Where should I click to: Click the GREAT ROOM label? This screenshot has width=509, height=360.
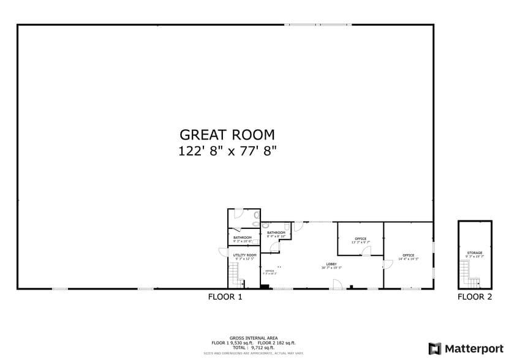point(227,135)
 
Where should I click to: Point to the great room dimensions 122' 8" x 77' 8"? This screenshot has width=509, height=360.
point(227,151)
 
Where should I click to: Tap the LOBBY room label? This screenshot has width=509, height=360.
point(331,264)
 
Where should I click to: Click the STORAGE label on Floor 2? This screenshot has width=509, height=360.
point(475,252)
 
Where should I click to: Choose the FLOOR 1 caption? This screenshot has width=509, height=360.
point(225,297)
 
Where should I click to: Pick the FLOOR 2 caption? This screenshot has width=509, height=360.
point(475,297)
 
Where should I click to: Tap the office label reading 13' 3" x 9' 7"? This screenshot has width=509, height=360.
point(360,241)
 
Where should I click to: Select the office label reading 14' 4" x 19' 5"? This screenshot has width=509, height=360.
point(409,257)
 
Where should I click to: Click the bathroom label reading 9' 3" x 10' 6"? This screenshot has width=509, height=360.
point(243,239)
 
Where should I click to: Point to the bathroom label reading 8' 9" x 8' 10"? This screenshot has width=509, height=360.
point(276,234)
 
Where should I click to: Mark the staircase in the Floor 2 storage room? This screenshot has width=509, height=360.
point(469,275)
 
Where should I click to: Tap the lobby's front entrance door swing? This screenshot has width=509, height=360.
point(337,284)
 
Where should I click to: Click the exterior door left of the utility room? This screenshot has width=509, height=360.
point(223,252)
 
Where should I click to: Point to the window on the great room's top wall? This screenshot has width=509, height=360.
point(317,24)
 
